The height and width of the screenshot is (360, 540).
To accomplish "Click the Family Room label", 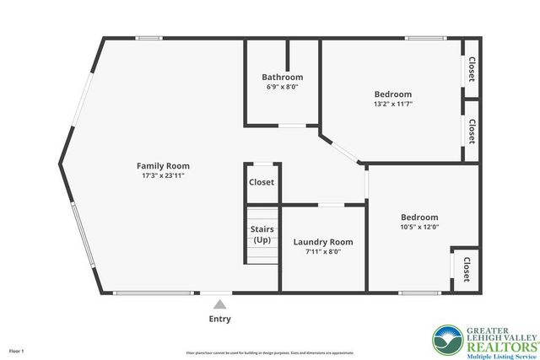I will click(163, 165).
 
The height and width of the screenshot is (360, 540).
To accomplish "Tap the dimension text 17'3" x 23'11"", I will click(163, 175).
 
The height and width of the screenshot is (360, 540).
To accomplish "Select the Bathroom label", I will click(282, 78).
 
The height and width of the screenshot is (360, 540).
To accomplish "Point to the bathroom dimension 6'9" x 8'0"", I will click(282, 87).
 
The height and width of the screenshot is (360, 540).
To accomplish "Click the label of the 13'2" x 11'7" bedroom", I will click(393, 94).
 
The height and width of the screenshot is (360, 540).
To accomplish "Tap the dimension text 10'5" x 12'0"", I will click(419, 226).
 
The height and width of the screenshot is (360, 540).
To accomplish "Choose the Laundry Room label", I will click(323, 242).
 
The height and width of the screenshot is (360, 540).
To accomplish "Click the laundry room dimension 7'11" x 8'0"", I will click(323, 251).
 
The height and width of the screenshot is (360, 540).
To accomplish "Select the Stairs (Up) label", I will click(262, 234).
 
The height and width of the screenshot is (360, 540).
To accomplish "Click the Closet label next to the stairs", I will click(262, 182).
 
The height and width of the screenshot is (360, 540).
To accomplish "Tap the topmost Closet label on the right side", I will click(472, 68).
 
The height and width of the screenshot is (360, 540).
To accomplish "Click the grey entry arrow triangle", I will click(219, 304).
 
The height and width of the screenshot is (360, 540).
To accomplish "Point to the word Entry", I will click(219, 319).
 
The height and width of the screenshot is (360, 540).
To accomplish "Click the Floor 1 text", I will click(17, 350).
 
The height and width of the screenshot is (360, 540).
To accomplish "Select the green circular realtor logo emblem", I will click(448, 340).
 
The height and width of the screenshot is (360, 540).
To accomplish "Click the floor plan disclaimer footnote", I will click(269, 352).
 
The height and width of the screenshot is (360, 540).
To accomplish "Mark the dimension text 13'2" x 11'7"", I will click(393, 104).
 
